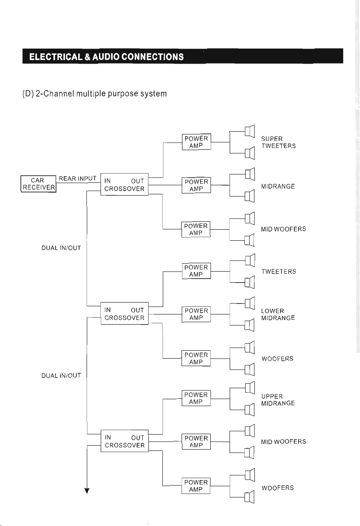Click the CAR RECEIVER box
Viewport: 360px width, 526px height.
pyautogui.click(x=38, y=184)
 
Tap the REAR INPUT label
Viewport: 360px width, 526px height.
pyautogui.click(x=77, y=178)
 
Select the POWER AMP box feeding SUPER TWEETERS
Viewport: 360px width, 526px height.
pyautogui.click(x=196, y=142)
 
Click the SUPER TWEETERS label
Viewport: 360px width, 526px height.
pyautogui.click(x=278, y=142)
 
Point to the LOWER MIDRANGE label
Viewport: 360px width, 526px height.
pyautogui.click(x=278, y=314)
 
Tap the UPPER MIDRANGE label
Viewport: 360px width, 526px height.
pyautogui.click(x=278, y=400)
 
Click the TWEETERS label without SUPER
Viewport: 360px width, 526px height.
pyautogui.click(x=278, y=271)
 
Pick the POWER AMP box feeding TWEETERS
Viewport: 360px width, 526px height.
pyautogui.click(x=196, y=271)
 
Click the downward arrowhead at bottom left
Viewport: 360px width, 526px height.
pyautogui.click(x=87, y=491)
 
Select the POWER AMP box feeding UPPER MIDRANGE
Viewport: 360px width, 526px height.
pyautogui.click(x=196, y=398)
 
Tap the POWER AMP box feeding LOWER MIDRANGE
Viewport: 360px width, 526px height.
pyautogui.click(x=196, y=314)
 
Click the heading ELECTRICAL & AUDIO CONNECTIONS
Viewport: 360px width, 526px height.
pyautogui.click(x=106, y=57)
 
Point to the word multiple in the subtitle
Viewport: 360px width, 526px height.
pyautogui.click(x=91, y=94)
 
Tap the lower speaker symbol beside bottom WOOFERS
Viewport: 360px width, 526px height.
pyautogui.click(x=249, y=497)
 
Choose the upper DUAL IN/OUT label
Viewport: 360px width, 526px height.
pyautogui.click(x=61, y=248)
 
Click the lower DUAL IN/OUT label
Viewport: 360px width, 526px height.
pyautogui.click(x=61, y=375)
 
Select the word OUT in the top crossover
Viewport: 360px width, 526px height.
pyautogui.click(x=137, y=181)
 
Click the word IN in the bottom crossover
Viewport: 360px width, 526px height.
pyautogui.click(x=108, y=437)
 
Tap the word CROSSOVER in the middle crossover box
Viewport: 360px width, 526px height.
pyautogui.click(x=124, y=318)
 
